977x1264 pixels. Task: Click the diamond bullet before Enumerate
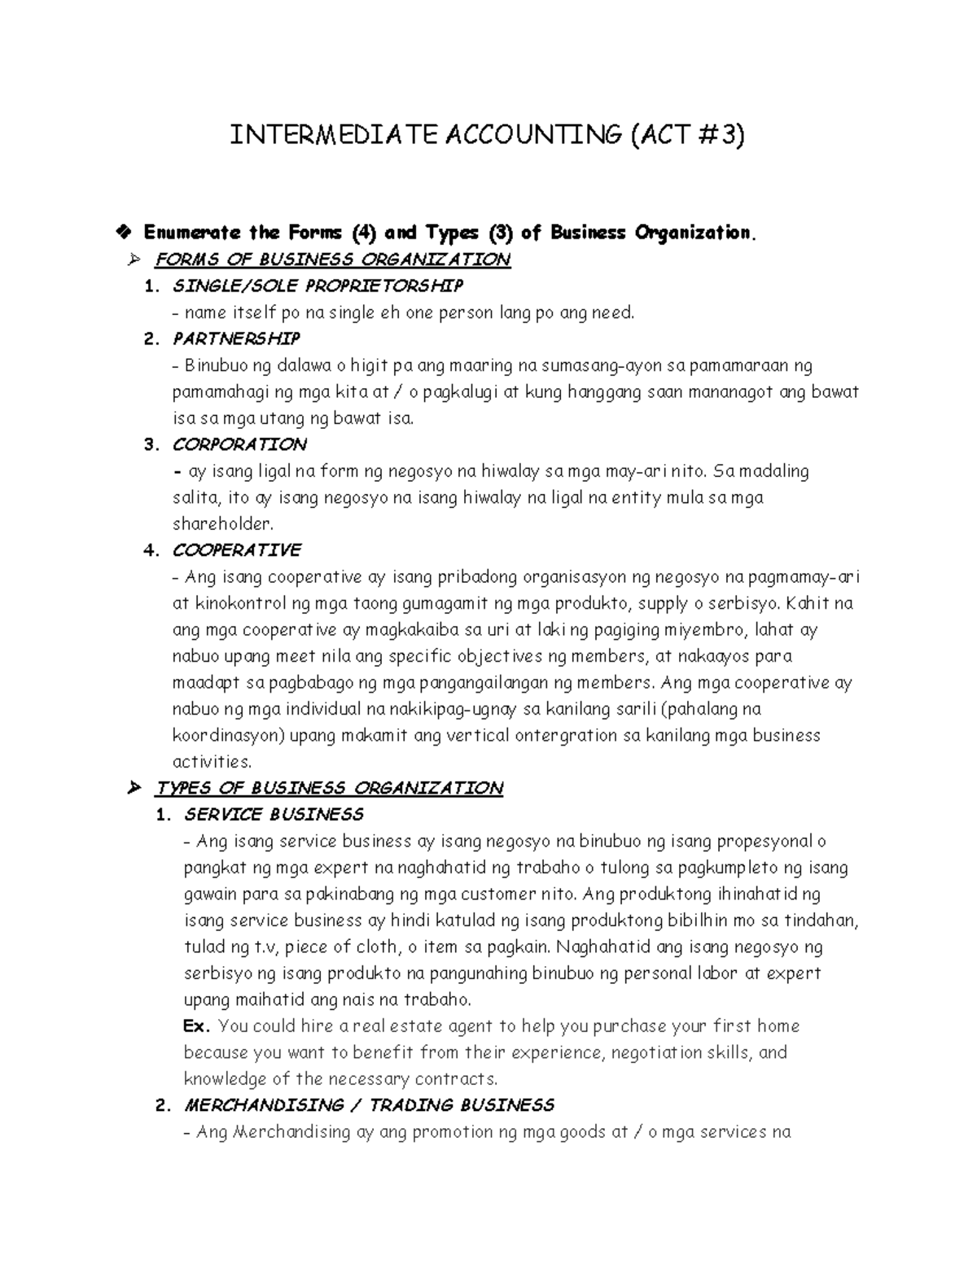pos(123,233)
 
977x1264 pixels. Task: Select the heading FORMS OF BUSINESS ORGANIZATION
pos(332,260)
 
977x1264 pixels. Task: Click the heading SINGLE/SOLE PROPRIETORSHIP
pos(318,286)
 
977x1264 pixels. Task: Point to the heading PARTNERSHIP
pos(236,339)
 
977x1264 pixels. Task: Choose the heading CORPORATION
pos(239,444)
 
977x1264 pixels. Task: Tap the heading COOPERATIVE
pos(236,551)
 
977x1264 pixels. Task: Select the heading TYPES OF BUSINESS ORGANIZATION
pos(329,789)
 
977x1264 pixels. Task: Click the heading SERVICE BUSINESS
pos(274,815)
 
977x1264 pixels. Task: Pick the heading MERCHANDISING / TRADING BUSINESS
pos(369,1105)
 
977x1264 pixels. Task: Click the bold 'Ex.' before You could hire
pos(198,1026)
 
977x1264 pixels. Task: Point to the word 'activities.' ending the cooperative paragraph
pos(212,763)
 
